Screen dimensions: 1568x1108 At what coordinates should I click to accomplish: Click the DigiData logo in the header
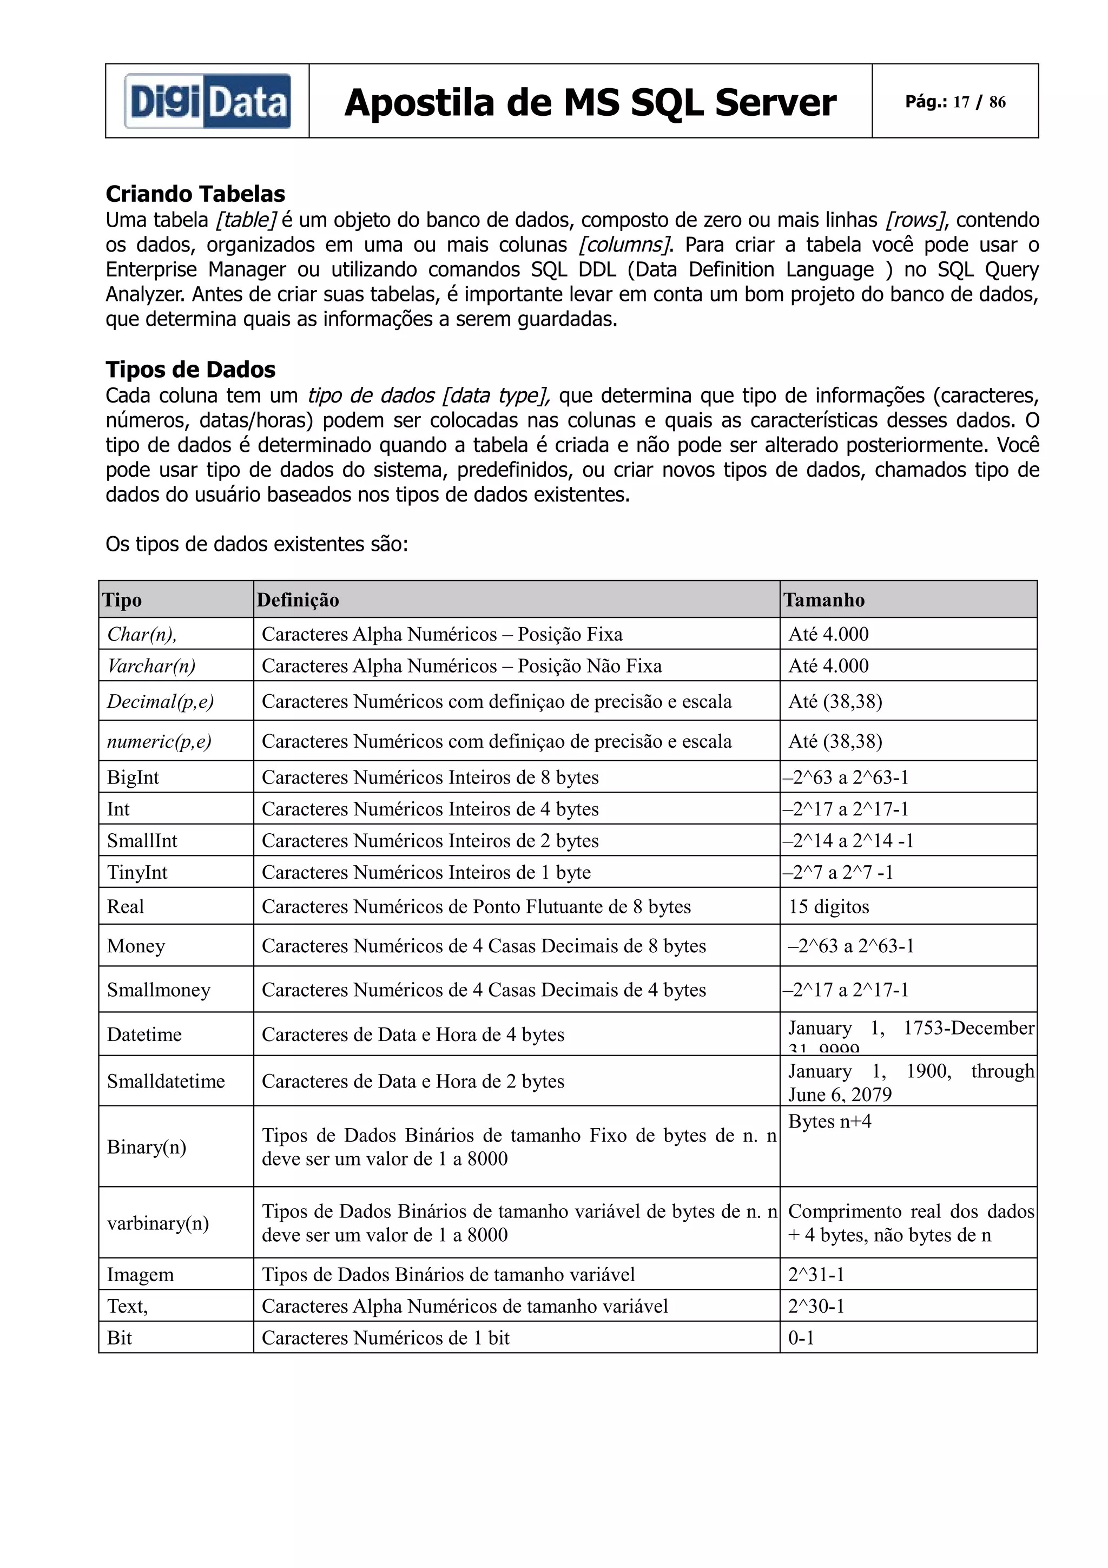coord(207,101)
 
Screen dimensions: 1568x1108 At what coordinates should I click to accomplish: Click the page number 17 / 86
coord(955,102)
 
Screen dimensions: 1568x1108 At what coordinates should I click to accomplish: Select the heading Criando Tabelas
coord(195,194)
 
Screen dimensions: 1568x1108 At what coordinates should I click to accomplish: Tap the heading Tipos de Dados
coord(190,370)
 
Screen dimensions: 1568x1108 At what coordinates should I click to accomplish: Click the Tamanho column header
coord(824,599)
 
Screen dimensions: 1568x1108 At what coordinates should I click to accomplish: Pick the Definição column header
coord(298,599)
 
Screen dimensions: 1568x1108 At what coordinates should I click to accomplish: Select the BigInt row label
coord(133,777)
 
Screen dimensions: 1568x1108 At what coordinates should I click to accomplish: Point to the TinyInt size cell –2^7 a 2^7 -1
coord(837,872)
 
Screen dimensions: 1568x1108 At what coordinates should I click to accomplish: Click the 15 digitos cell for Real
coord(829,906)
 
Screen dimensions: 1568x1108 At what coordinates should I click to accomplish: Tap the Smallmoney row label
coord(159,990)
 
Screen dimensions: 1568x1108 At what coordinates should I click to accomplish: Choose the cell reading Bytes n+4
coord(829,1122)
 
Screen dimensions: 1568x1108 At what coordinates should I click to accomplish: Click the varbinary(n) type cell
coord(157,1222)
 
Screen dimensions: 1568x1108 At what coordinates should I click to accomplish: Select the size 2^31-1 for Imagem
coord(816,1274)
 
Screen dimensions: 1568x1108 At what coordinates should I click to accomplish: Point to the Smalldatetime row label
coord(166,1081)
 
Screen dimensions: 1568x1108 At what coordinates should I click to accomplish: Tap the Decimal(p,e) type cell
coord(161,701)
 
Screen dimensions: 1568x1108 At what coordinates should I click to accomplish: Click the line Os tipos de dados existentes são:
coord(256,544)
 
